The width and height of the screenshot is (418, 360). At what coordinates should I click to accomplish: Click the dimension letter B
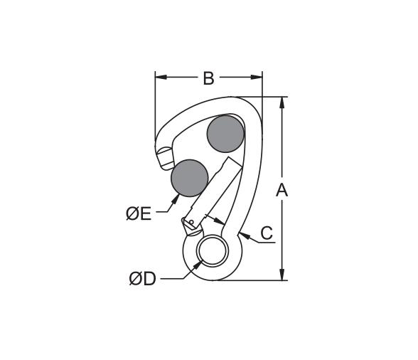pos(208,78)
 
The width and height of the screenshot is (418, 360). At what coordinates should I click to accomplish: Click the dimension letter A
pos(282,190)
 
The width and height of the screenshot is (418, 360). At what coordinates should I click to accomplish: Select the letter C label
pos(267,233)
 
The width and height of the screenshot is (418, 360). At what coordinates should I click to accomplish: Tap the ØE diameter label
pos(139,213)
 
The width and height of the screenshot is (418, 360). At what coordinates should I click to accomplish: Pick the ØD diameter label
pos(142,279)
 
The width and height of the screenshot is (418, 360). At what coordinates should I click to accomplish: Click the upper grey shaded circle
pos(225,134)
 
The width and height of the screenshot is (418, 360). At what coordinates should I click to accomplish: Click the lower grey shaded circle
pos(190,178)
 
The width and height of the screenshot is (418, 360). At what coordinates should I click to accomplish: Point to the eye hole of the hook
pos(213,251)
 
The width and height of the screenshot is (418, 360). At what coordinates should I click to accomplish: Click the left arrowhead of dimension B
pos(161,77)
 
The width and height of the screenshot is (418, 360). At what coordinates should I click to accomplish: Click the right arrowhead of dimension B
pos(257,77)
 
